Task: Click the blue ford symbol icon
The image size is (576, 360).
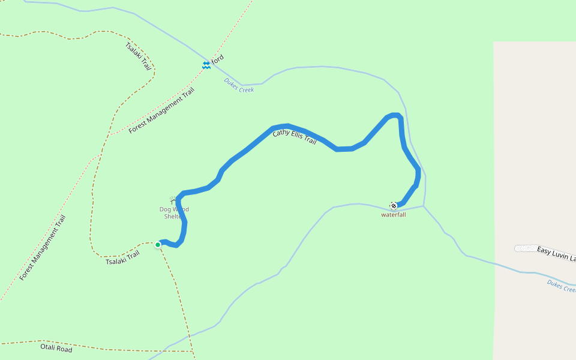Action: (206, 65)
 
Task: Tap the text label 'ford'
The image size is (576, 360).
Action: (218, 59)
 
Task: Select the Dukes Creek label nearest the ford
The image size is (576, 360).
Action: (239, 85)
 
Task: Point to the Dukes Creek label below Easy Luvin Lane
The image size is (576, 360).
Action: (561, 286)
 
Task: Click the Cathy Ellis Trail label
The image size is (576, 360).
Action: (294, 137)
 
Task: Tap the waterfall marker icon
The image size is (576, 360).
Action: (394, 206)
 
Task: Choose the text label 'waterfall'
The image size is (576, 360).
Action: (394, 214)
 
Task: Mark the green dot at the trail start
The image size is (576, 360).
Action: (158, 245)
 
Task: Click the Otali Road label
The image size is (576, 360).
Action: (56, 348)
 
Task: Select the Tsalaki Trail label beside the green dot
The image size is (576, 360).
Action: (122, 258)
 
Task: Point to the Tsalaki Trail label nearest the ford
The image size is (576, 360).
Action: (138, 56)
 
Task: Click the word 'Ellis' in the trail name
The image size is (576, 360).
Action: (296, 136)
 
